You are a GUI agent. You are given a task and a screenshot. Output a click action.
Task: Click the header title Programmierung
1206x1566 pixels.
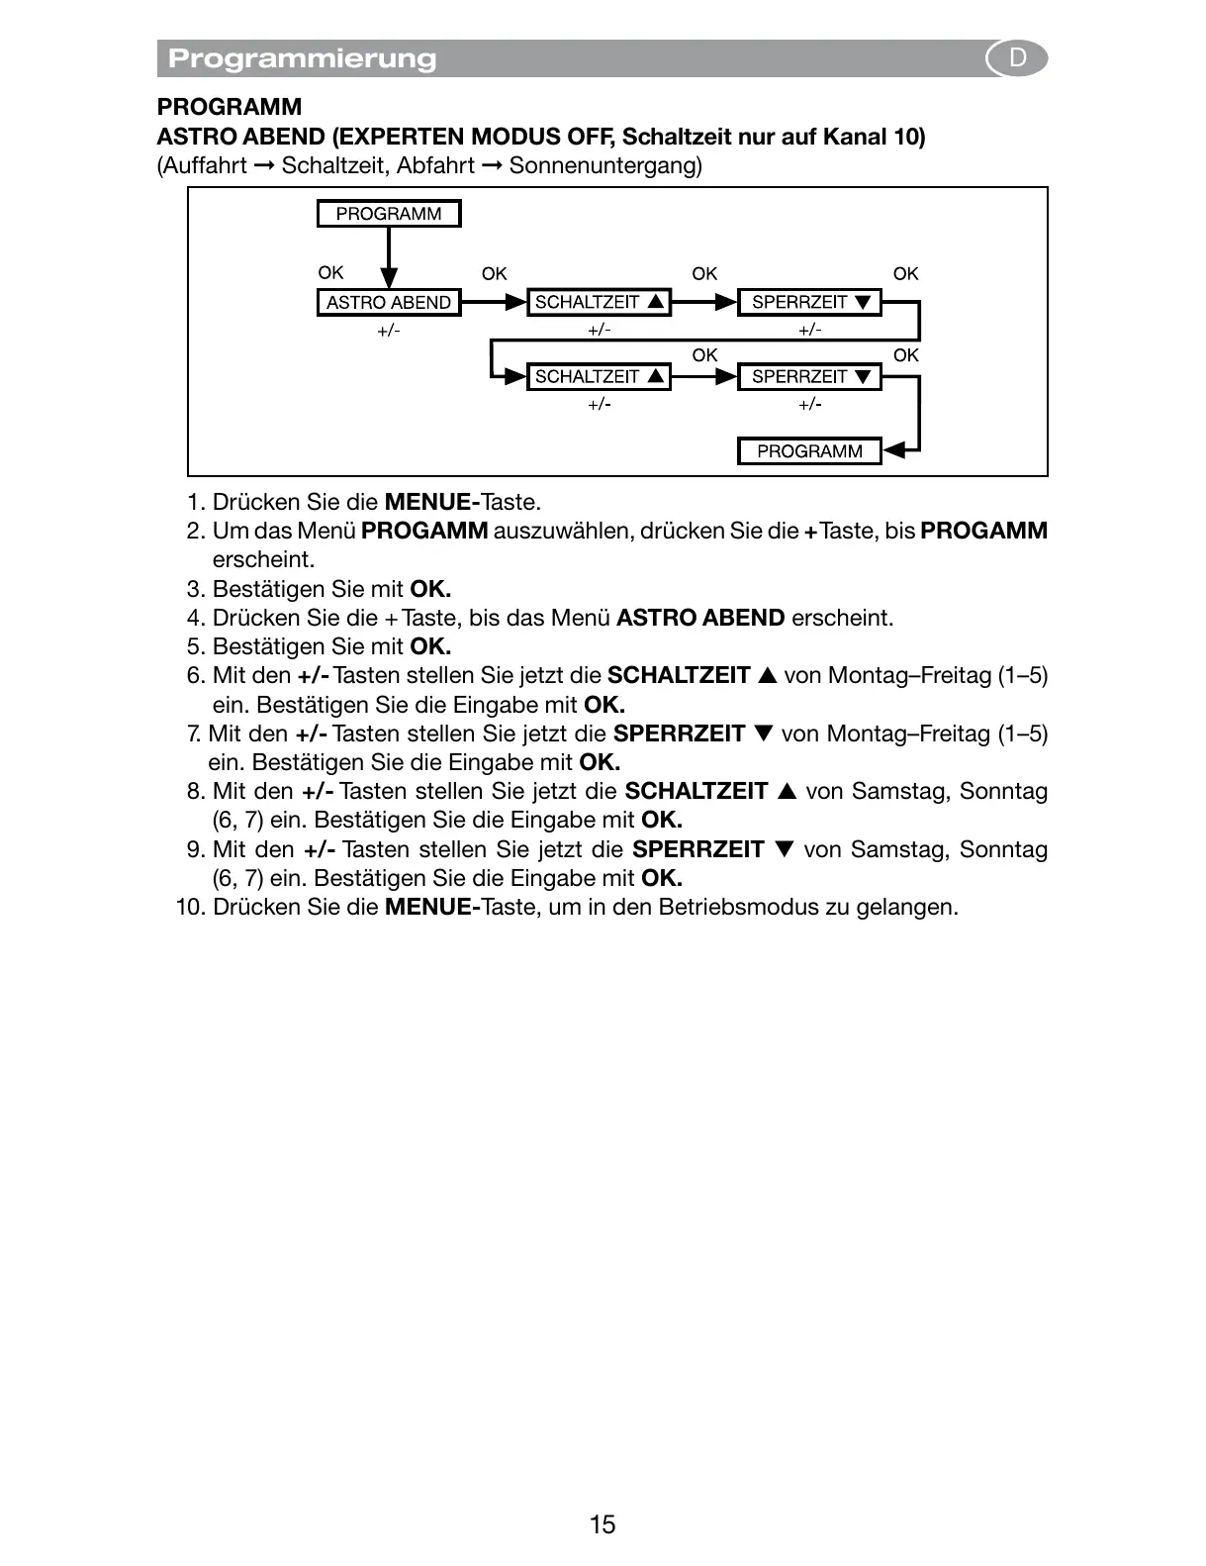tap(302, 58)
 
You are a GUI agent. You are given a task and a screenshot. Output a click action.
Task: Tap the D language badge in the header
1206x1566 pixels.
tap(1017, 58)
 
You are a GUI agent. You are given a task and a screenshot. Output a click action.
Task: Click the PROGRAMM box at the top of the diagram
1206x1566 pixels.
tap(389, 214)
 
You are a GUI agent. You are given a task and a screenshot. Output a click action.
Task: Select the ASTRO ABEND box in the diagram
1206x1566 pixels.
tap(389, 302)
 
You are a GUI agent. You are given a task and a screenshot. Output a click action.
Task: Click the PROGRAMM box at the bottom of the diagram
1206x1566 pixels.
tap(809, 451)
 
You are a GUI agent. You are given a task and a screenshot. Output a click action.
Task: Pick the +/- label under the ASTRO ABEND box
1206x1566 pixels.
tap(389, 331)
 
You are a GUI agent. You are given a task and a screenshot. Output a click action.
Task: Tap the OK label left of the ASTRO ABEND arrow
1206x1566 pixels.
tap(330, 273)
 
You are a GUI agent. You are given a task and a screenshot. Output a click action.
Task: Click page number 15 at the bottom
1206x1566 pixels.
tap(602, 1524)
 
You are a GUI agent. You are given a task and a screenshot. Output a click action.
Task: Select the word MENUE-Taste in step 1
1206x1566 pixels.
tap(462, 502)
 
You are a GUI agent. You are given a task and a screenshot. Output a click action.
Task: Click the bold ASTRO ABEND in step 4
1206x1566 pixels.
tap(700, 618)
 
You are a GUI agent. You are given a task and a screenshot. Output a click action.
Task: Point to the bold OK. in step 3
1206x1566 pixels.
tap(430, 589)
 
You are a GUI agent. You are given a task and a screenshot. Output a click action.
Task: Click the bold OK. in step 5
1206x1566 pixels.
tap(430, 646)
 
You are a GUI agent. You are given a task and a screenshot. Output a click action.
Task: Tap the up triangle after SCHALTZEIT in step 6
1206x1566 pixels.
tap(768, 676)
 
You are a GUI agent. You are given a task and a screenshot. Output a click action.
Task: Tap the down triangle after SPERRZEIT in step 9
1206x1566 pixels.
tap(785, 850)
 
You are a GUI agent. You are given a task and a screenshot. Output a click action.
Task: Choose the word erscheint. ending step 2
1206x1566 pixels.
tap(263, 560)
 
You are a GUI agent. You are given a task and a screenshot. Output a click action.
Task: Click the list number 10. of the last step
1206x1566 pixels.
tap(190, 907)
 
